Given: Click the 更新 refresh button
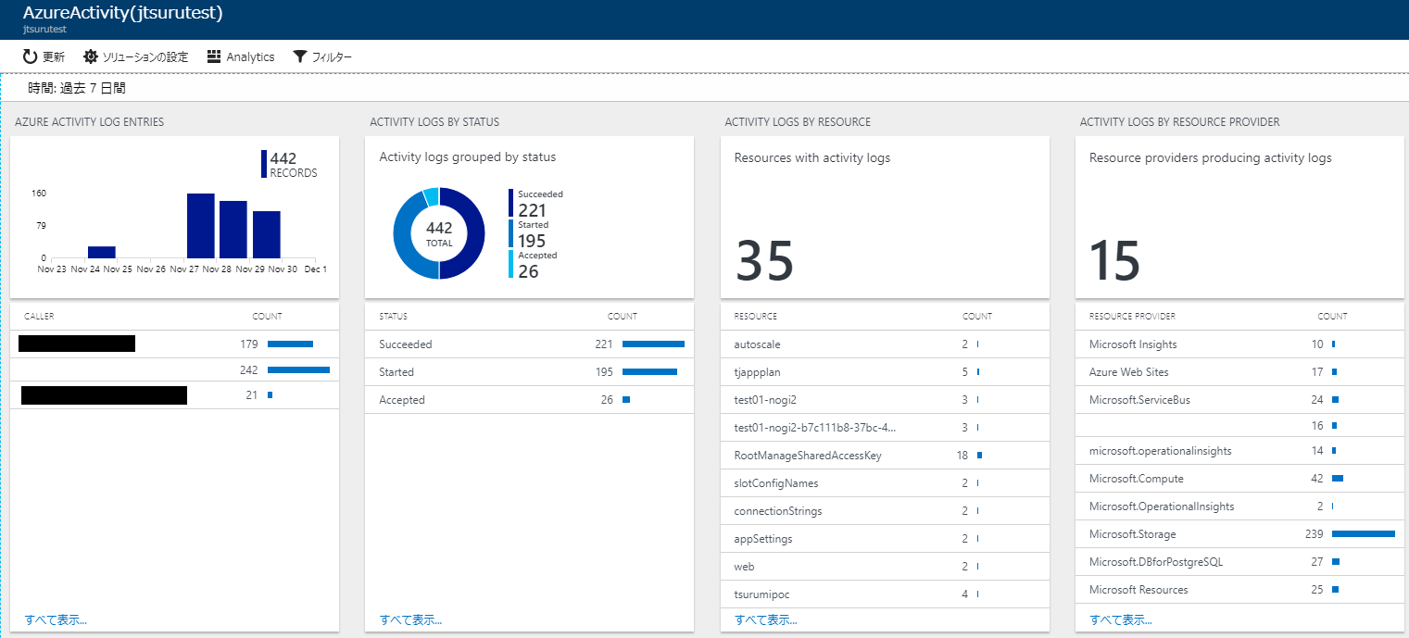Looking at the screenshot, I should tap(44, 56).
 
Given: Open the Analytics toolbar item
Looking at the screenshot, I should tap(240, 56).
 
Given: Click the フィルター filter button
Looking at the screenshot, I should tap(321, 56).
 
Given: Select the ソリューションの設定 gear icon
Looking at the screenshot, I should tap(91, 56).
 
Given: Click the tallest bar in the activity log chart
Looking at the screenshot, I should tap(201, 225).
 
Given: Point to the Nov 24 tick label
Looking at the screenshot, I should tap(85, 269).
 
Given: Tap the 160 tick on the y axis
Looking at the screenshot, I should tap(39, 194).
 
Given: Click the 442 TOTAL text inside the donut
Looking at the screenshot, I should tap(439, 232).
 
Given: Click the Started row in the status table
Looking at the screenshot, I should tap(396, 372).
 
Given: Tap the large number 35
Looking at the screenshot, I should tap(765, 261).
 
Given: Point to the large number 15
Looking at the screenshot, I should tap(1114, 261).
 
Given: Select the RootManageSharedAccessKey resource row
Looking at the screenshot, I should tap(807, 456).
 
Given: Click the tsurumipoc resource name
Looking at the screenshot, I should tap(761, 594).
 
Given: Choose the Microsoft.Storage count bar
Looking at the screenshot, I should tap(1363, 534).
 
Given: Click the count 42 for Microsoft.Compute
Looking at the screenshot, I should tap(1316, 479).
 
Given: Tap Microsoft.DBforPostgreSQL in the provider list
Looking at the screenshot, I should tap(1156, 562).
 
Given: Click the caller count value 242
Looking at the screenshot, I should tap(248, 369).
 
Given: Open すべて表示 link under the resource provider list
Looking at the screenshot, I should tap(1121, 619).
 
